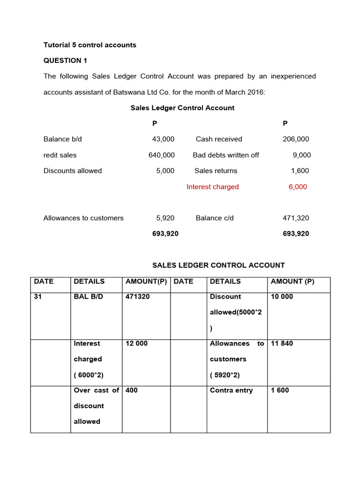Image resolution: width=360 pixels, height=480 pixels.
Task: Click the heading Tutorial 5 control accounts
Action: [x=90, y=45]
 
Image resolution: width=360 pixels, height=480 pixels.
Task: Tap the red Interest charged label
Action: [x=212, y=187]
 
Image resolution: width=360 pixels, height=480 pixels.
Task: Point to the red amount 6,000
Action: [x=298, y=187]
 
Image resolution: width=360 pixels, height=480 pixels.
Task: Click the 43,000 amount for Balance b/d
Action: [x=163, y=139]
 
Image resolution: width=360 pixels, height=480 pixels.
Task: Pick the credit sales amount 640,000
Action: [x=162, y=155]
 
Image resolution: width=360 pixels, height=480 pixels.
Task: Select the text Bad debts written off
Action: [x=226, y=155]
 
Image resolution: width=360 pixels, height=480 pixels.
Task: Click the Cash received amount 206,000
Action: [x=296, y=139]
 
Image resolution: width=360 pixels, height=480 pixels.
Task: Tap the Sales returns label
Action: [x=216, y=171]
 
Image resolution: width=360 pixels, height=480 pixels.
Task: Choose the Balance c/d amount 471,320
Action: [x=296, y=218]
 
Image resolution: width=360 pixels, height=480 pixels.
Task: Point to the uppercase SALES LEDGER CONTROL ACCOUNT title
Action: [x=218, y=265]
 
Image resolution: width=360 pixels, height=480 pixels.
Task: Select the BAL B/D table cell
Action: [x=87, y=297]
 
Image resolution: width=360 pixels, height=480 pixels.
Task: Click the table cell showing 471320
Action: [x=138, y=297]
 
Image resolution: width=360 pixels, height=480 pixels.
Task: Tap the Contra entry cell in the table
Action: [x=231, y=390]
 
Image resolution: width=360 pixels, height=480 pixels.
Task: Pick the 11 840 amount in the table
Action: [x=282, y=344]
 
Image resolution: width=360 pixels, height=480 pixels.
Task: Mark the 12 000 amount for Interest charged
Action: [x=136, y=344]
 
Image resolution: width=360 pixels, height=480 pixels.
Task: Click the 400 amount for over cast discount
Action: [x=132, y=390]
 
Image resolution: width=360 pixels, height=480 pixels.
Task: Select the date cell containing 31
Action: [x=38, y=297]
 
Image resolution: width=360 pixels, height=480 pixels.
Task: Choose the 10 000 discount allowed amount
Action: [x=282, y=297]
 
